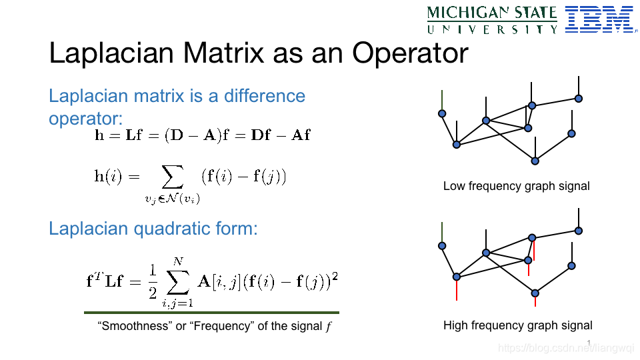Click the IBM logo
coord(601,19)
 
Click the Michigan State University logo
coord(492,20)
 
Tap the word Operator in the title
coord(410,53)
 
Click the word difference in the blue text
coord(265,96)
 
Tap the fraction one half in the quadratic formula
coord(153,281)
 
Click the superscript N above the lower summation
coord(178,261)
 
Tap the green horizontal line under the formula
coord(211,313)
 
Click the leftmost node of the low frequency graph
coord(442,113)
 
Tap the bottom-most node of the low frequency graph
coord(535,161)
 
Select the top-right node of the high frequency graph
coord(579,231)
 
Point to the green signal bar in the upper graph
coord(442,100)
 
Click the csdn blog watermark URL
coord(566,348)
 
